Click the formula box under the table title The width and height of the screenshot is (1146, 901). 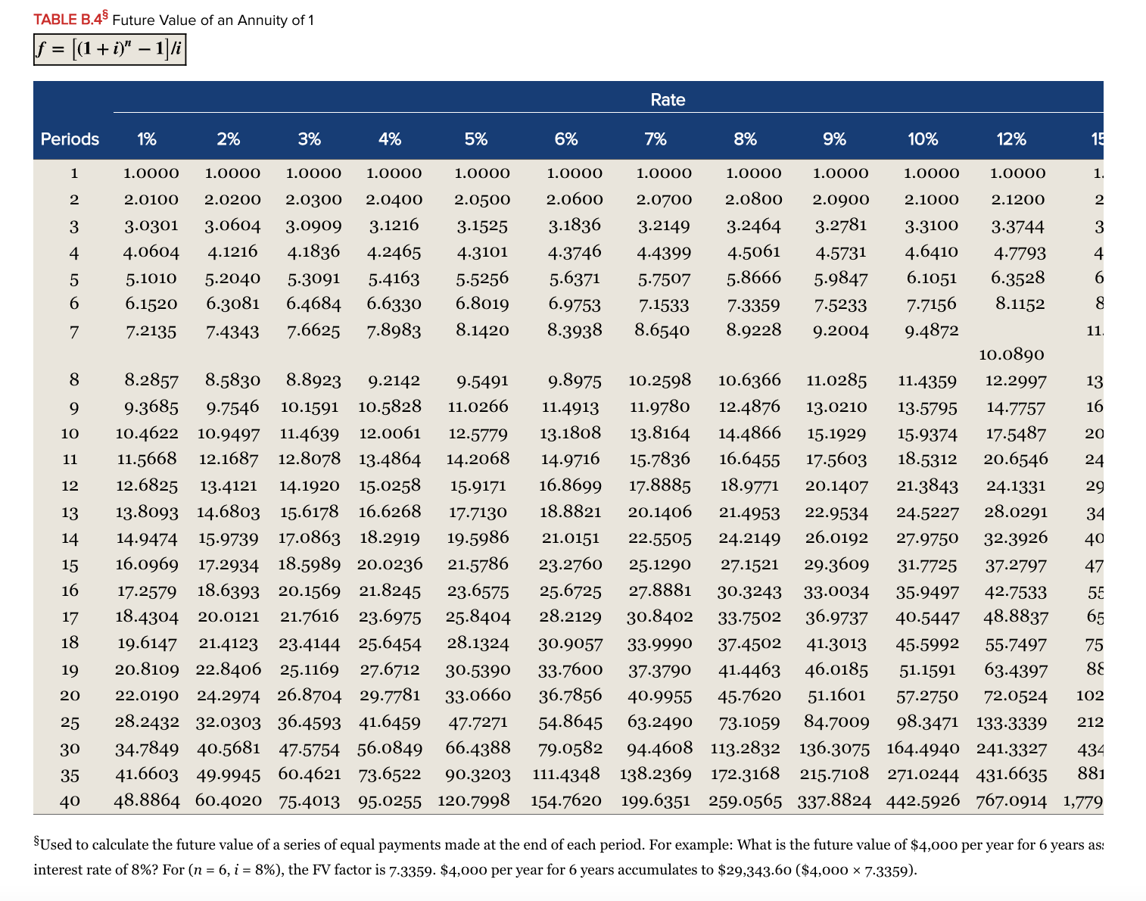click(x=110, y=50)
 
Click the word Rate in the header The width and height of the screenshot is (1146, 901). click(x=667, y=100)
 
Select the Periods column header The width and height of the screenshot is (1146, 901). click(x=70, y=139)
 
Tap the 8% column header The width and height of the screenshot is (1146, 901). click(x=745, y=139)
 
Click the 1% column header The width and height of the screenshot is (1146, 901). click(x=147, y=139)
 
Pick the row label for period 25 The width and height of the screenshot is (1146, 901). click(x=70, y=722)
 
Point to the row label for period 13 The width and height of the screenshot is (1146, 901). click(x=70, y=513)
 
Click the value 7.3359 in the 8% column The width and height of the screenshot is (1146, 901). click(x=753, y=304)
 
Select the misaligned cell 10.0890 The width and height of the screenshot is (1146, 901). click(x=1011, y=354)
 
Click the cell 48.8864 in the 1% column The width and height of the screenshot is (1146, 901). click(x=147, y=800)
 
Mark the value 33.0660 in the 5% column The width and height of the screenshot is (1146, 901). click(x=478, y=695)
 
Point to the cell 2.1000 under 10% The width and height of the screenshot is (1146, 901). click(x=931, y=200)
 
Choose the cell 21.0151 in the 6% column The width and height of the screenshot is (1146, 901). click(x=570, y=538)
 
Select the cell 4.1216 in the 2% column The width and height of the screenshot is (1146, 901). click(x=232, y=251)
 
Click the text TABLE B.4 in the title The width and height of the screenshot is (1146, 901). click(x=69, y=20)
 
